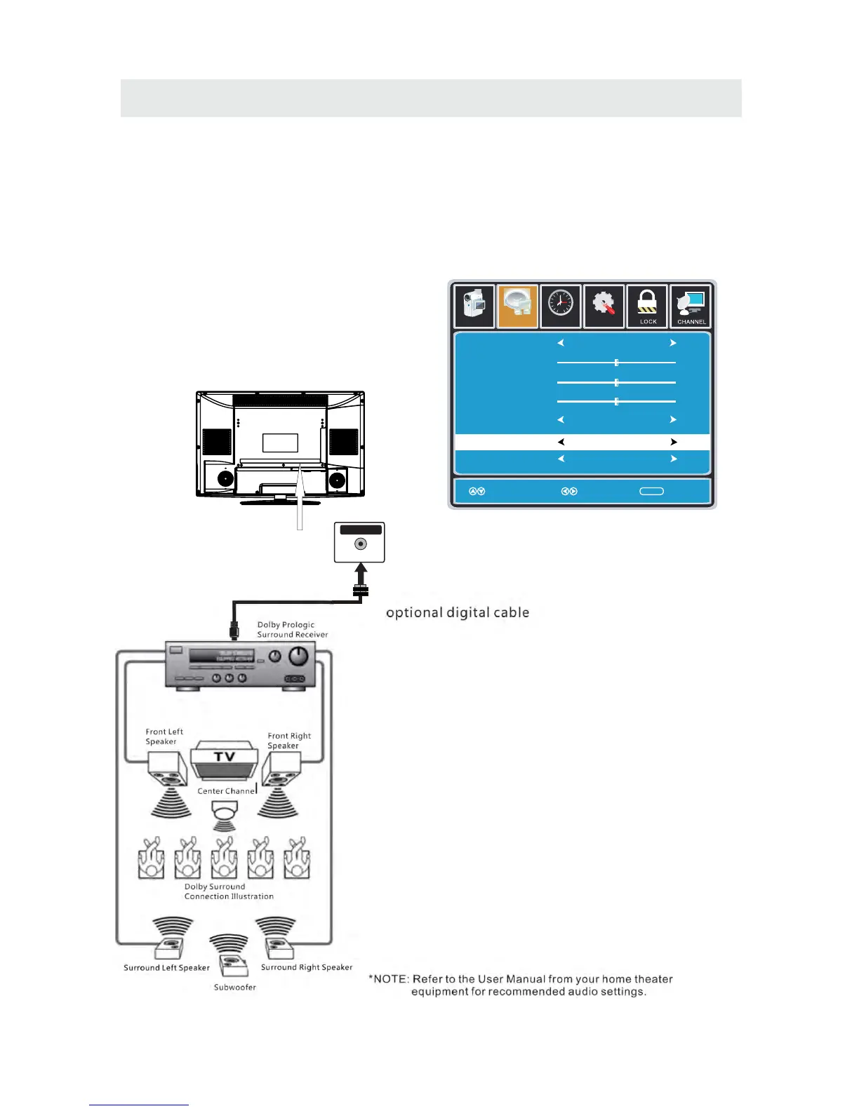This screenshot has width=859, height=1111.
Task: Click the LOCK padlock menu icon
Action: point(646,307)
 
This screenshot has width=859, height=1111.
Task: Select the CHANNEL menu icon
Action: point(691,307)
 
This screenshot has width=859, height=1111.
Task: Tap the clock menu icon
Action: point(561,306)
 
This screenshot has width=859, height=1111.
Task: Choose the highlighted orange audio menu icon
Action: point(517,307)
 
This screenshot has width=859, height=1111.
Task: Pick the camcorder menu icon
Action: point(474,307)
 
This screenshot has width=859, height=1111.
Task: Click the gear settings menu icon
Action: point(604,307)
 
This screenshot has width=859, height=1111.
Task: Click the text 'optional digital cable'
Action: point(458,612)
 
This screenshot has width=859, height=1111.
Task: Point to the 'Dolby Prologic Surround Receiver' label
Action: point(292,630)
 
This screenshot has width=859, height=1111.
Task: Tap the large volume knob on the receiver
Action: point(299,656)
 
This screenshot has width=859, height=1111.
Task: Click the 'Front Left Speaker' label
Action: point(164,736)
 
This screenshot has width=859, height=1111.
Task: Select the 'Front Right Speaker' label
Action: point(289,741)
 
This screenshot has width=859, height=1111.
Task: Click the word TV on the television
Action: point(225,757)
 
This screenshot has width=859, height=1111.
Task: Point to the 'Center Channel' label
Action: point(227,791)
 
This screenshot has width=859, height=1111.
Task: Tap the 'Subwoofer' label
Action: point(235,988)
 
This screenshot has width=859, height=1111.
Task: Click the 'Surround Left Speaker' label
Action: point(166,968)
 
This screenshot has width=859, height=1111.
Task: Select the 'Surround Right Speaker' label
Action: point(307,967)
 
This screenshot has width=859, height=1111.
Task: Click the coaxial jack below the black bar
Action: point(360,544)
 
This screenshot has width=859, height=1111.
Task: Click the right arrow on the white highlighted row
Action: point(673,443)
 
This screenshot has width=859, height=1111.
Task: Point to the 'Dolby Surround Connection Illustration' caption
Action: point(229,891)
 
